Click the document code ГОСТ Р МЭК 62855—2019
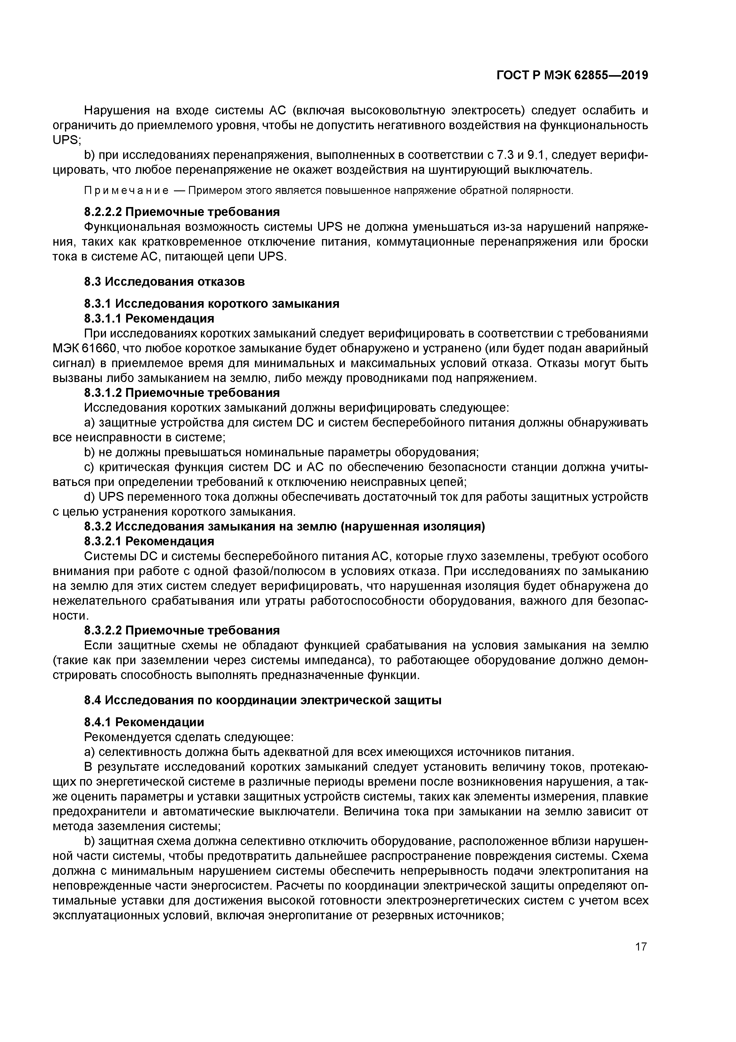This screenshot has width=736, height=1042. coord(572,75)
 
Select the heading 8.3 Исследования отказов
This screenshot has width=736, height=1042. coord(164,282)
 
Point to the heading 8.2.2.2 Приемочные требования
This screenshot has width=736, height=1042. coord(182,212)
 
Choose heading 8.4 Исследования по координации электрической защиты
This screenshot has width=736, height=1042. coord(263,700)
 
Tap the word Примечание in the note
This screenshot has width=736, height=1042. coord(126,191)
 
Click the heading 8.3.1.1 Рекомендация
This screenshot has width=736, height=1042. coord(149,318)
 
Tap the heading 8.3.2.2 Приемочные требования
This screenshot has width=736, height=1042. coord(182,630)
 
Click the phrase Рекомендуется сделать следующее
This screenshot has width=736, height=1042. coord(189,737)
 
